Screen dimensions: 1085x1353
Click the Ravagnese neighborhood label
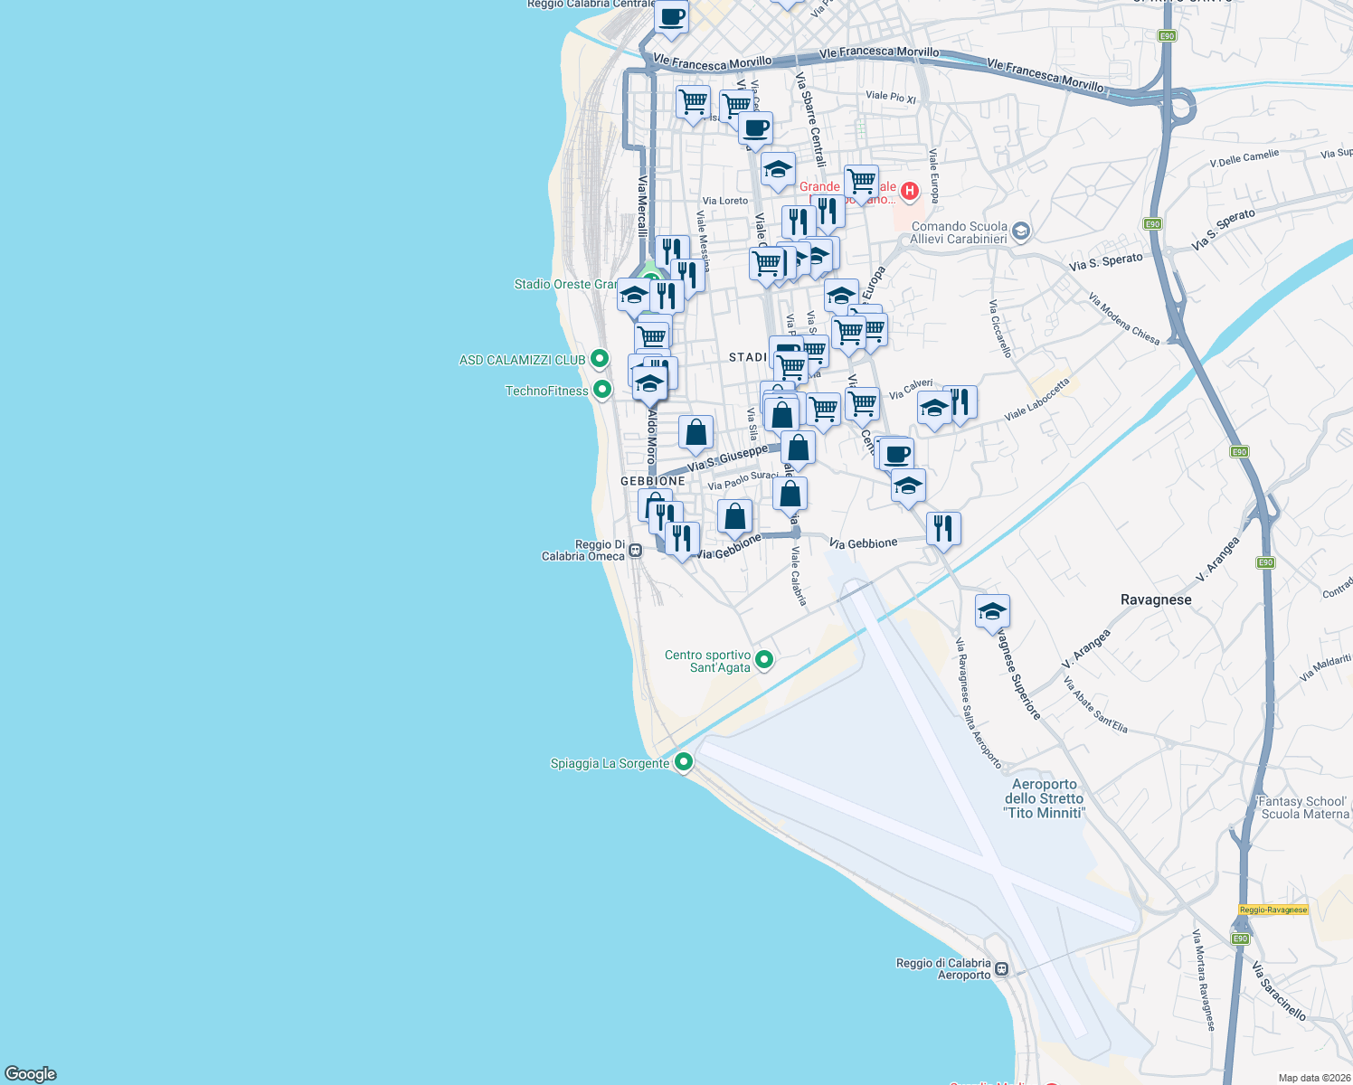click(1155, 599)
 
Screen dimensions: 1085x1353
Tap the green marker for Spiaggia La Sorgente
click(684, 762)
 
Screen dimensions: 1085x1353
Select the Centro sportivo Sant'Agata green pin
click(764, 660)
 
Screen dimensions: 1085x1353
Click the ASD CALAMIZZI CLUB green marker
click(599, 359)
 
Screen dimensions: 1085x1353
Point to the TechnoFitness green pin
click(601, 390)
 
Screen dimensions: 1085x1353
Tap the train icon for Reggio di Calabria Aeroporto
click(1001, 969)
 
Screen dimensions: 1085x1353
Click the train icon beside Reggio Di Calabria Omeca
click(636, 550)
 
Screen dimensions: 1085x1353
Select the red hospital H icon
click(910, 191)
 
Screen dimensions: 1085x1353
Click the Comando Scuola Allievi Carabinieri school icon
click(1021, 231)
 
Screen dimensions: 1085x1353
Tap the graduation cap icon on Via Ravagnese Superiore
click(992, 611)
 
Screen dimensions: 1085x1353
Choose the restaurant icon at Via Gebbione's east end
click(943, 528)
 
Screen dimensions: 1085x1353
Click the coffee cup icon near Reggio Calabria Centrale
click(671, 17)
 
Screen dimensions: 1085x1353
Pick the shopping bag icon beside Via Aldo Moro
click(695, 433)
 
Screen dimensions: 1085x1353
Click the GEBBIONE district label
click(652, 481)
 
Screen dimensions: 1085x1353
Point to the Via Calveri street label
click(910, 390)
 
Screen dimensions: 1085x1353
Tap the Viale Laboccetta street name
click(1036, 400)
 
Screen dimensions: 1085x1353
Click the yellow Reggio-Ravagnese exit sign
click(1273, 910)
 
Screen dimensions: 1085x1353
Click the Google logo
click(31, 1073)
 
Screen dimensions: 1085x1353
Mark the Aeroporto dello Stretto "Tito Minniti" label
click(1044, 798)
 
